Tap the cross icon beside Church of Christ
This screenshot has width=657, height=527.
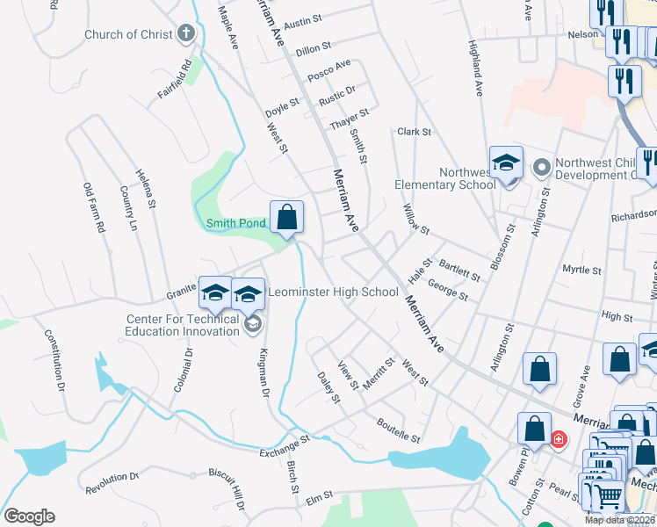pos(184,34)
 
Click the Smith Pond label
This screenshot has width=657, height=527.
pos(235,223)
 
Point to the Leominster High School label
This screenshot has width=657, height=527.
pos(333,292)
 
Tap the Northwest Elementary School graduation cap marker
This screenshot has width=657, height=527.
pos(506,163)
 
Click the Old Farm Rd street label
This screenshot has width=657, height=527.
pos(93,207)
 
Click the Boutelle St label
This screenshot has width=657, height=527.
pos(400,430)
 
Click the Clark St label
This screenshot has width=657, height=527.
pos(414,132)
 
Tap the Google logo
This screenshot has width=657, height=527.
pos(29,516)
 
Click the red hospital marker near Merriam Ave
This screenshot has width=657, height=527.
pos(558,437)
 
